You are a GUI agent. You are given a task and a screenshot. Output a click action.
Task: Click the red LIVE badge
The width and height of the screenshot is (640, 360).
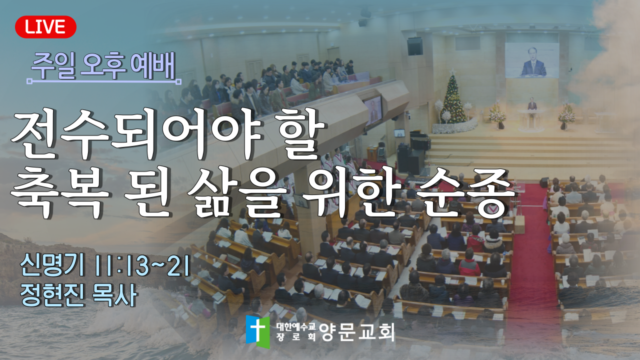click(x=45, y=27)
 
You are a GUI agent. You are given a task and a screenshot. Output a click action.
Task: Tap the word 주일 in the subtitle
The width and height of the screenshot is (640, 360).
click(x=53, y=66)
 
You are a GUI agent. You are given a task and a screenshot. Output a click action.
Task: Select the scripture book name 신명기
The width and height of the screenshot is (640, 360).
click(x=52, y=266)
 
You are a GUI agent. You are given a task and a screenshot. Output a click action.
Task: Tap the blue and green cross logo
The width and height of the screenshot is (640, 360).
click(x=257, y=331)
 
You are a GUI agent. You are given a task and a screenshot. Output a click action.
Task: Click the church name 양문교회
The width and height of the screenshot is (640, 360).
click(x=357, y=332)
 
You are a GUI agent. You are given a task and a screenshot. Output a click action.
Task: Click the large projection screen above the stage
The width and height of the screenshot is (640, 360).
click(x=532, y=60)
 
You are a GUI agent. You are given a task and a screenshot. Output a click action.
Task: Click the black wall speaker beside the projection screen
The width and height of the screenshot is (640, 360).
click(x=415, y=46)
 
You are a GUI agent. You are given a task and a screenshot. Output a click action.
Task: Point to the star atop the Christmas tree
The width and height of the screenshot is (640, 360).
click(x=453, y=71)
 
